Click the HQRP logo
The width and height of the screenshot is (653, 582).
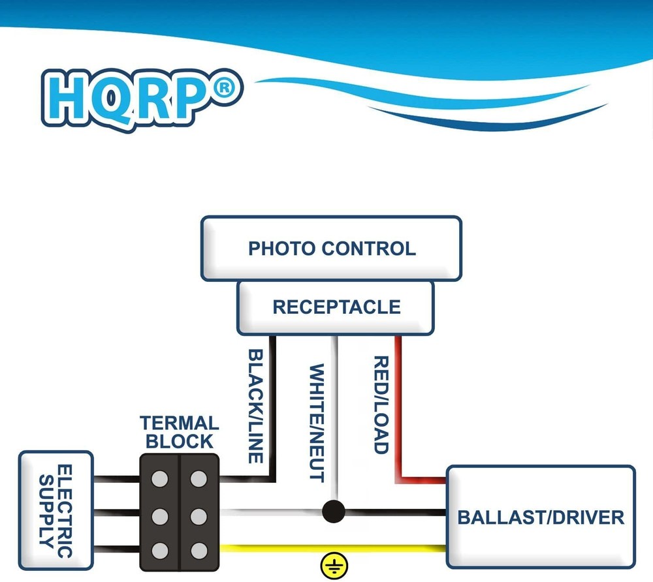click(142, 100)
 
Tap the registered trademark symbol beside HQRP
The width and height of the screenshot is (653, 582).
click(223, 88)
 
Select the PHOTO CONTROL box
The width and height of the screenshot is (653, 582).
click(332, 249)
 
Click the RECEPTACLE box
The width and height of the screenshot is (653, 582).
click(336, 308)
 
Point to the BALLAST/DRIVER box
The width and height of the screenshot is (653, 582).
click(541, 517)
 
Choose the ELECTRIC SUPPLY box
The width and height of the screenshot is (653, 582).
click(56, 510)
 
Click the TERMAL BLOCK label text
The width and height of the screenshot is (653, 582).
click(180, 432)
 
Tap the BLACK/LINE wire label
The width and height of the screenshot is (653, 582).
click(255, 406)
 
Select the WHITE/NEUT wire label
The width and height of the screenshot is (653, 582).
click(317, 423)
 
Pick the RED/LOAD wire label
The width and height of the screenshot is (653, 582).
click(381, 405)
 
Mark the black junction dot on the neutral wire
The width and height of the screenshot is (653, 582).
click(334, 512)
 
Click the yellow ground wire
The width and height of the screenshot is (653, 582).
click(333, 548)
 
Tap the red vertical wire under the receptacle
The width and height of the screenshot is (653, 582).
click(398, 408)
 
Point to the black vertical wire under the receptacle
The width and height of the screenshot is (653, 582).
click(272, 408)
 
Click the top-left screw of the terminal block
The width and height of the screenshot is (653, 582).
click(159, 479)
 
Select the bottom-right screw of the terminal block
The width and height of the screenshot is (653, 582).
click(199, 551)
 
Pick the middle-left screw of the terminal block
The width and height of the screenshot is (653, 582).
click(159, 517)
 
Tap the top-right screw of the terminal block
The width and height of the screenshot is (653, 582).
click(199, 479)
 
